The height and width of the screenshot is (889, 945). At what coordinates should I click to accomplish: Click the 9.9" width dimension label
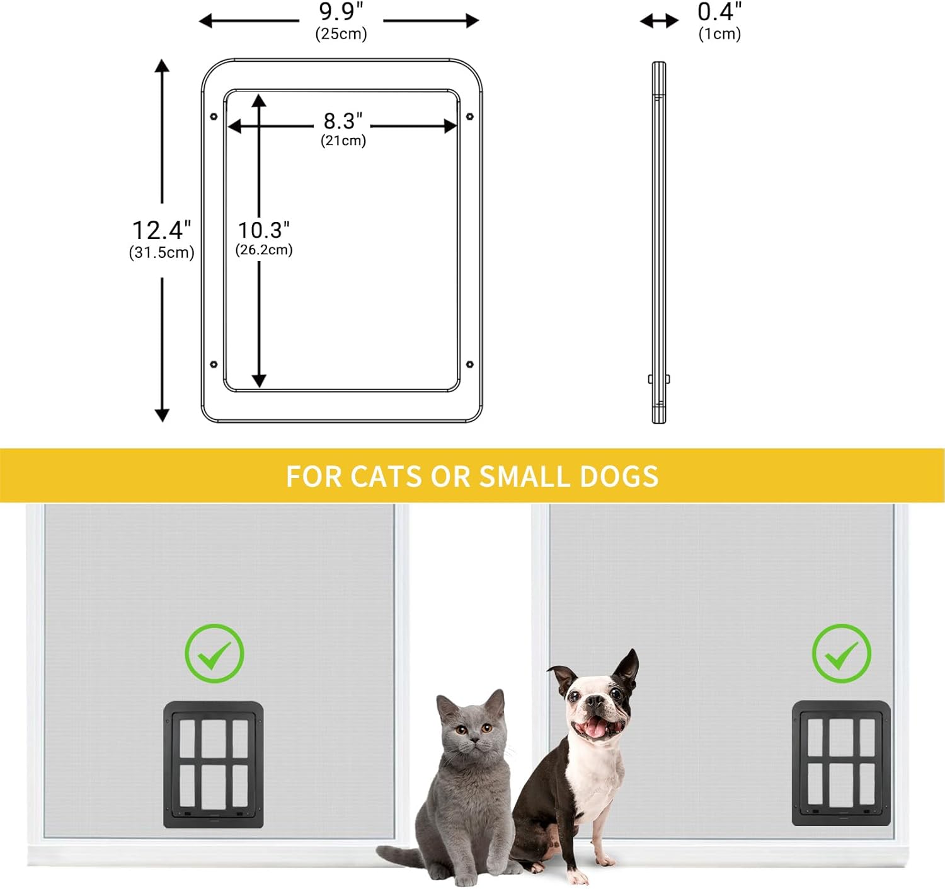point(341,11)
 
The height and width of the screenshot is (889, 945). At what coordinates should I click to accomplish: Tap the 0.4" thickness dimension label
point(719,11)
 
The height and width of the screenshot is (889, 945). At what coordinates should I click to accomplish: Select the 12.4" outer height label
point(161,230)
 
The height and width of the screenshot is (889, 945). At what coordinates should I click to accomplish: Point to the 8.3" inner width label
point(343,121)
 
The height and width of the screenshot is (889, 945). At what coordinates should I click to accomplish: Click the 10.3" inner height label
point(263,230)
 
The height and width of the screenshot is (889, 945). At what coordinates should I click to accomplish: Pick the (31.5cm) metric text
point(162,252)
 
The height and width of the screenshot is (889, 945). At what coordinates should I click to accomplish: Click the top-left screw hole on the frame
point(214,116)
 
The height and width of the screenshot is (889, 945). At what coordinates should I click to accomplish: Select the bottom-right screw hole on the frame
point(469,364)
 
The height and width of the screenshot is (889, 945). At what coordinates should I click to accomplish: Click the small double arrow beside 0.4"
point(659,21)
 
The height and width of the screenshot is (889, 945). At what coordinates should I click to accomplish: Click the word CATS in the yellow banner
point(386,476)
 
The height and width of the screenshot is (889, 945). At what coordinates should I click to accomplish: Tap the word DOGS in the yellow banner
point(619,476)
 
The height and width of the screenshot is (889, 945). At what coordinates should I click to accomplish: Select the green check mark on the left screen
point(214,654)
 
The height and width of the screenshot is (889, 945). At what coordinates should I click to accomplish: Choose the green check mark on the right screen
point(841,654)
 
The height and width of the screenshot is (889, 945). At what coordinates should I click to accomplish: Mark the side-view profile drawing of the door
point(658,243)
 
